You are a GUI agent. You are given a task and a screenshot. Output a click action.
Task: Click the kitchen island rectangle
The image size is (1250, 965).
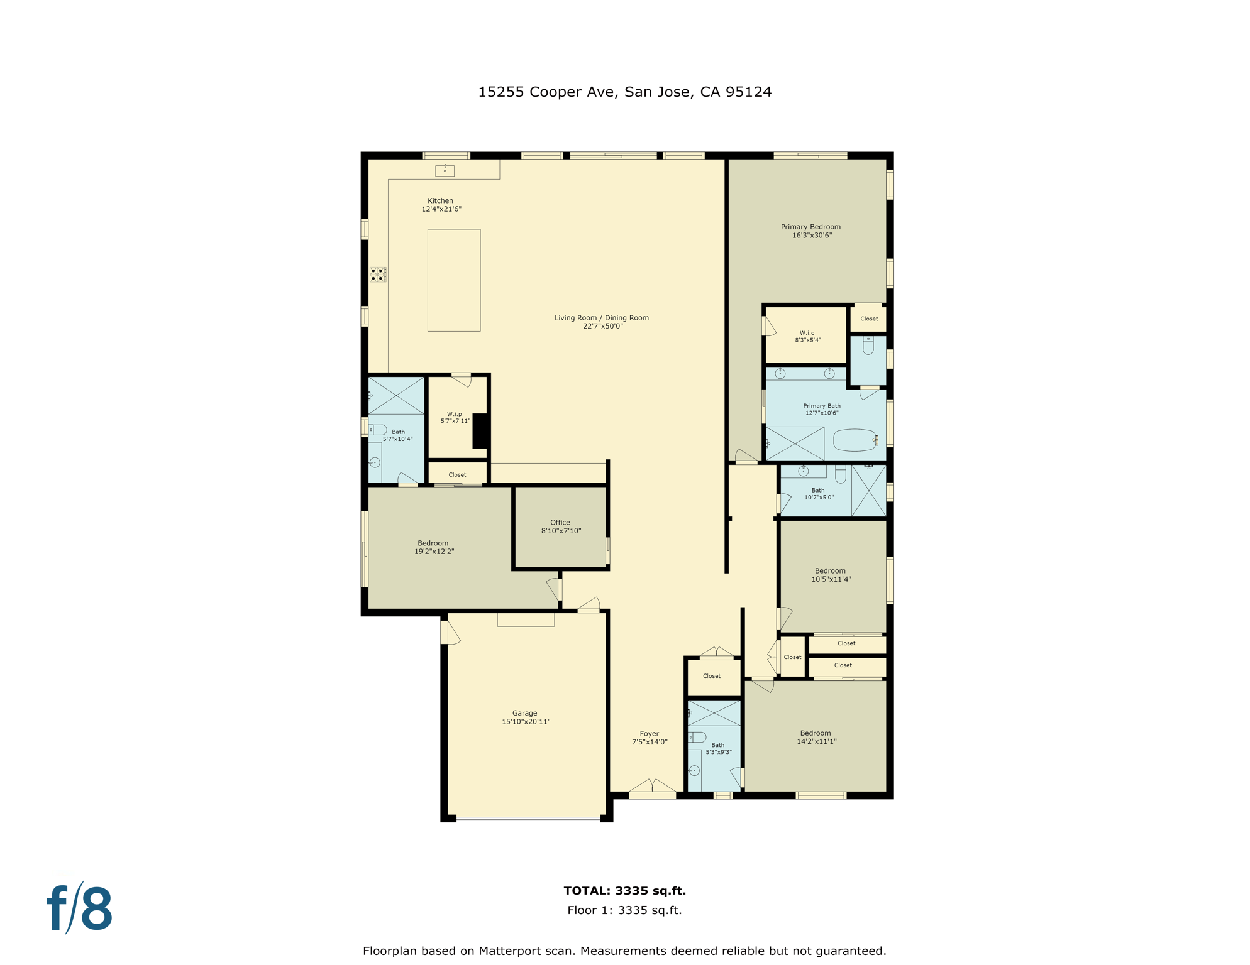tap(454, 280)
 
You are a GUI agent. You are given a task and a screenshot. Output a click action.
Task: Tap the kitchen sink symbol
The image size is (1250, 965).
tap(445, 170)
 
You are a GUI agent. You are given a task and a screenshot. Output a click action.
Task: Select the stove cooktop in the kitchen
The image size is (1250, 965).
tap(378, 275)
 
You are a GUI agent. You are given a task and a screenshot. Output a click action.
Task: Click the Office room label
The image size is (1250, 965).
tap(560, 522)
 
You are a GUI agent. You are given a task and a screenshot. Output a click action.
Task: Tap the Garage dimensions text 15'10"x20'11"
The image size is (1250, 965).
tap(526, 722)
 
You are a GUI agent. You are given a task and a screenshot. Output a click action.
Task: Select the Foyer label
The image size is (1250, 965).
tap(650, 734)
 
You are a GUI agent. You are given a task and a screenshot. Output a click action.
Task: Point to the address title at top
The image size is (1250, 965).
tap(624, 92)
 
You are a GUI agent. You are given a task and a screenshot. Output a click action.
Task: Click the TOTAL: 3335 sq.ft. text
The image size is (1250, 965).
tap(624, 891)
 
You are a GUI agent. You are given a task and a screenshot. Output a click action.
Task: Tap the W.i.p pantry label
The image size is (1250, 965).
tap(455, 414)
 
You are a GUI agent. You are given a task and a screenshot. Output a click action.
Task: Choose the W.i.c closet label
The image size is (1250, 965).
tap(807, 333)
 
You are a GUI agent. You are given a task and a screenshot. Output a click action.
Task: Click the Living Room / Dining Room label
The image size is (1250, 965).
tap(602, 318)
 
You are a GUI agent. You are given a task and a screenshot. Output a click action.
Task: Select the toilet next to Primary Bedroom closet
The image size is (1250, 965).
tap(868, 346)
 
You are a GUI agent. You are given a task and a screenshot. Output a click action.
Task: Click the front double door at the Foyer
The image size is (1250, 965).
tap(653, 787)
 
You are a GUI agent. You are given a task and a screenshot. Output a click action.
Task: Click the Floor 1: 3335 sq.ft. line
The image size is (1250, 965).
tap(624, 910)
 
